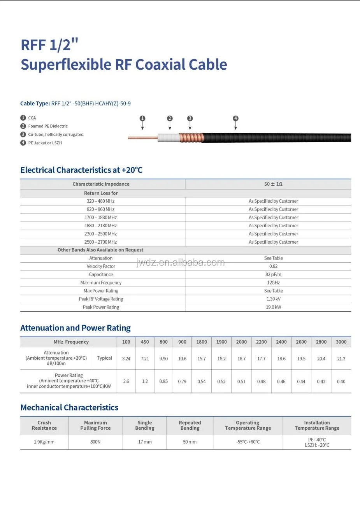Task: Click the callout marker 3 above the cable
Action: click(190, 118)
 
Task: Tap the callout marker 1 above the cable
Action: click(142, 118)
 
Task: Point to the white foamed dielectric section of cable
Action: click(168, 137)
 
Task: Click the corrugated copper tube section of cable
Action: click(191, 137)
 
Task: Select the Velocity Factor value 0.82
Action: click(273, 266)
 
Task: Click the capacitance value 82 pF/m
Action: click(273, 274)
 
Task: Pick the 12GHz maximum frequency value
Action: click(273, 283)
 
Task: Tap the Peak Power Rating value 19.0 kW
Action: click(273, 307)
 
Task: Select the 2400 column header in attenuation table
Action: click(281, 342)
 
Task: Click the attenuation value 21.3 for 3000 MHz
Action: click(341, 359)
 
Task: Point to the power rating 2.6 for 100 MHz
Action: click(126, 381)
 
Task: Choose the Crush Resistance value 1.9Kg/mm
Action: click(44, 442)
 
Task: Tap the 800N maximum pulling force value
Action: click(95, 442)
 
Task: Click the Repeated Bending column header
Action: click(190, 425)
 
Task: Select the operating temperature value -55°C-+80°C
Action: click(248, 442)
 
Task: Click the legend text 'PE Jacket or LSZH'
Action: click(45, 143)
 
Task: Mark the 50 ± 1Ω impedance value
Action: click(273, 184)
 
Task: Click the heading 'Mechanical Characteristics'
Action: click(69, 407)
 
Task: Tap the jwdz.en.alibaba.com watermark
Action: click(181, 263)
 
